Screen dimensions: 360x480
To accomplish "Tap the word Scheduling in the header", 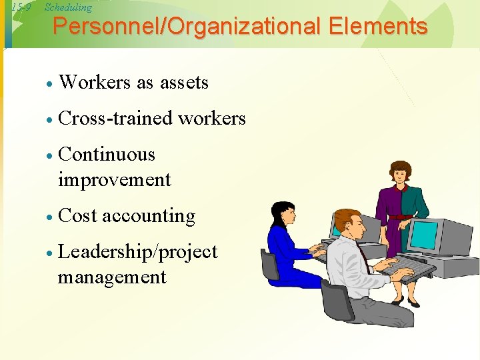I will point(68,7).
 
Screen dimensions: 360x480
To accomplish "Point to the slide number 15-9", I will point(22,7).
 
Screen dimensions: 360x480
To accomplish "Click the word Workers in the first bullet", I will point(95,83).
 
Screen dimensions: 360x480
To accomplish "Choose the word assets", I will point(183,83).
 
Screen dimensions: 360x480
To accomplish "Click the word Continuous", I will point(107,155).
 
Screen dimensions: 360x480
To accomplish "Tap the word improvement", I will point(115,180).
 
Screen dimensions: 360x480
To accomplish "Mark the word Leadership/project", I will point(138,252).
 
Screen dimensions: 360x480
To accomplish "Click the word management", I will point(112,277).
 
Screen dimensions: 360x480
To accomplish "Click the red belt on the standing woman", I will point(399,217).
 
